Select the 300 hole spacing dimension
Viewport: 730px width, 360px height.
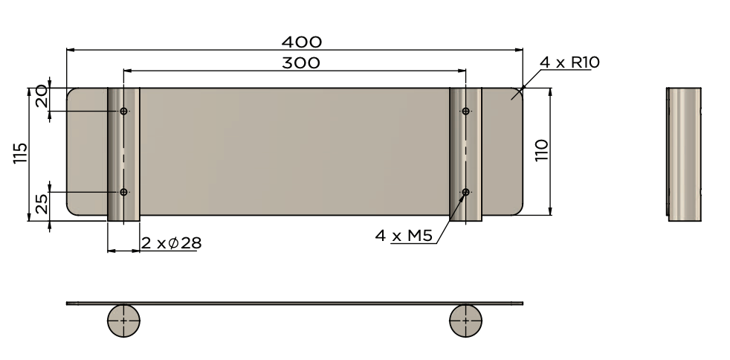point(300,62)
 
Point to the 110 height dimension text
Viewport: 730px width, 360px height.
point(541,151)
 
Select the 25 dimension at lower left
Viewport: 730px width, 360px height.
point(41,203)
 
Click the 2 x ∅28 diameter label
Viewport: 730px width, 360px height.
point(172,242)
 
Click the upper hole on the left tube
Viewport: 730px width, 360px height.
point(123,112)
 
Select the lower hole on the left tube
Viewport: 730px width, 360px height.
point(123,192)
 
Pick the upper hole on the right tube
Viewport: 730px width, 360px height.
point(465,112)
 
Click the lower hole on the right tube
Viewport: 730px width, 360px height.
point(465,193)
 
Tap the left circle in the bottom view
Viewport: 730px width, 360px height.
point(123,321)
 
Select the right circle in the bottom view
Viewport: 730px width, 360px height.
point(465,321)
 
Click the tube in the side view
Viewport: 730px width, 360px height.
point(683,154)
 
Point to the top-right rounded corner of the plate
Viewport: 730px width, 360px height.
point(518,92)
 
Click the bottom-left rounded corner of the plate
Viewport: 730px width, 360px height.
point(71,210)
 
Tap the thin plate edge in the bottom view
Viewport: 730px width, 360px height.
point(297,303)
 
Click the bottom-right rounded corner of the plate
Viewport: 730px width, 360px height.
point(518,210)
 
